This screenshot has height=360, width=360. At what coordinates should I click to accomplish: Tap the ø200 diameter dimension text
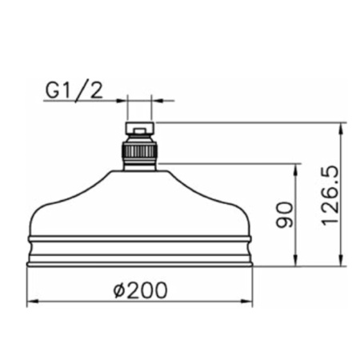(x=140, y=290)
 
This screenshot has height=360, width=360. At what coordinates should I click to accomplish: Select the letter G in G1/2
(x=52, y=90)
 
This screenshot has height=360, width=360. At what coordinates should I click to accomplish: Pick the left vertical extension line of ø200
(x=28, y=284)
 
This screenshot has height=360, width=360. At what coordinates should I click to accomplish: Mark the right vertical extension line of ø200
(x=253, y=284)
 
